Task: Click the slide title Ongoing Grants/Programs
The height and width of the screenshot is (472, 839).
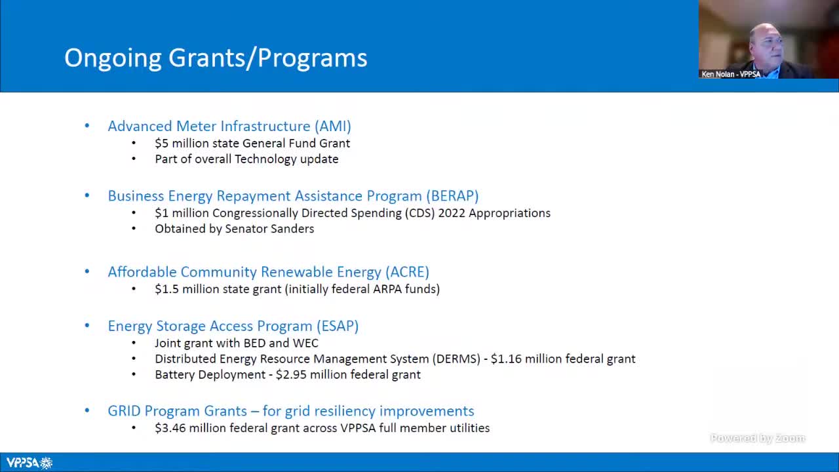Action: [x=216, y=58]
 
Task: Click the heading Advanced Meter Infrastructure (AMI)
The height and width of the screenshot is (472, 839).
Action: [x=229, y=126]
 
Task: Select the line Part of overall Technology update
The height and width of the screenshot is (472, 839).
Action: [x=246, y=159]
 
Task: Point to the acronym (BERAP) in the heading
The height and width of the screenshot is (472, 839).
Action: [x=452, y=195]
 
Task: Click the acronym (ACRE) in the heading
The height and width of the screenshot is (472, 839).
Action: [x=407, y=271]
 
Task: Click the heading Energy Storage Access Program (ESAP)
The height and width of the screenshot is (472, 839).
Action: [x=233, y=326]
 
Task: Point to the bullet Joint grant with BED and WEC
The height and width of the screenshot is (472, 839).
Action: [x=236, y=343]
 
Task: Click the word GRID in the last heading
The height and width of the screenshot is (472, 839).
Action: [x=124, y=411]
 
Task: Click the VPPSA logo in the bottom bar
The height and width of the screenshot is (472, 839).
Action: [x=29, y=463]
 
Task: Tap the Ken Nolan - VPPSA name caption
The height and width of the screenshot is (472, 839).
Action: [x=731, y=74]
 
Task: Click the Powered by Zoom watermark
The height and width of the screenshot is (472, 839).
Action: [x=757, y=438]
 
